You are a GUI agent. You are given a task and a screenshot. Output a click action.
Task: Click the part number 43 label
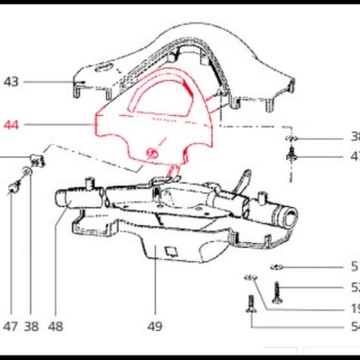11,82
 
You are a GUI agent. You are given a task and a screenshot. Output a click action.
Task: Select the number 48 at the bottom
56,328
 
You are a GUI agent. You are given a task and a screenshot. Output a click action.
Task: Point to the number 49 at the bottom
155,328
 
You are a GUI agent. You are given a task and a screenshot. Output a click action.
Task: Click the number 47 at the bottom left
11,328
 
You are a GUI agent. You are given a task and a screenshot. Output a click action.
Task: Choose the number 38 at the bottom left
32,328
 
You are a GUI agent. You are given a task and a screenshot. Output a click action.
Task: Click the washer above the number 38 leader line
29,172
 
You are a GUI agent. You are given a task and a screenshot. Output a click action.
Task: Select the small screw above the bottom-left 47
13,187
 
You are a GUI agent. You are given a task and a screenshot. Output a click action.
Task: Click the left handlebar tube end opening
65,196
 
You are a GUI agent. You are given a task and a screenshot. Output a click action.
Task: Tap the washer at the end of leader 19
252,276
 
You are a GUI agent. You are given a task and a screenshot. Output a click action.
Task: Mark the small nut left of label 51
279,266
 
